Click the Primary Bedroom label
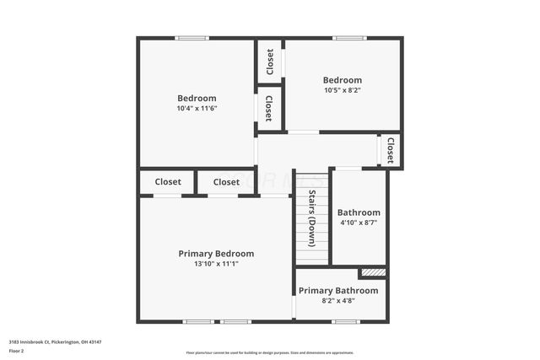(x=215, y=253)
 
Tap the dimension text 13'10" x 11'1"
(x=215, y=264)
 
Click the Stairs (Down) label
(x=311, y=218)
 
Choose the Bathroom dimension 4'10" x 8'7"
(x=359, y=223)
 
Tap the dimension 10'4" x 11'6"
(x=197, y=108)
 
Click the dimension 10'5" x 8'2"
(x=343, y=90)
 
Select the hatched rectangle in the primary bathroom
(x=372, y=272)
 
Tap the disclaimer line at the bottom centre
(x=269, y=352)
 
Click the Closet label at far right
(x=390, y=151)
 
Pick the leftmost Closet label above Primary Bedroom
(x=168, y=182)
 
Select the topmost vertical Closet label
(x=270, y=61)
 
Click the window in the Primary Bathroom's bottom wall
(x=345, y=321)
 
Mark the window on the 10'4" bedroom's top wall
(x=192, y=38)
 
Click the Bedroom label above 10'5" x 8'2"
(x=343, y=80)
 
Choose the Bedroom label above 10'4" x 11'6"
(x=197, y=98)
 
